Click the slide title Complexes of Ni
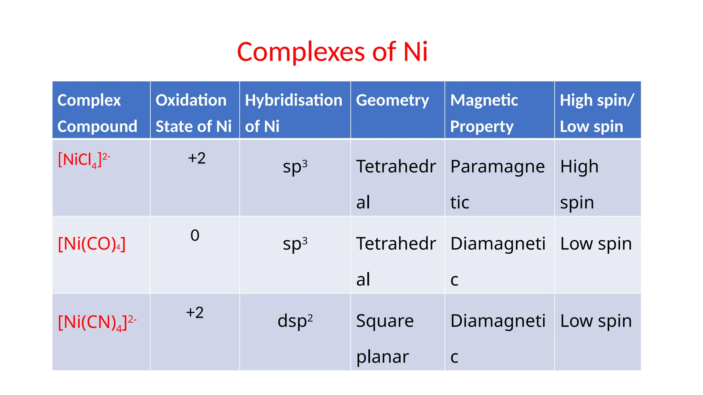[x=332, y=52]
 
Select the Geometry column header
[x=392, y=100]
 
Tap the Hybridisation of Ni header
[x=293, y=113]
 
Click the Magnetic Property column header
[x=484, y=113]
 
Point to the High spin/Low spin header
[x=597, y=113]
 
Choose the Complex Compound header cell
[x=97, y=113]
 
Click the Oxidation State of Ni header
[x=194, y=113]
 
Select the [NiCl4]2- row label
[x=84, y=160]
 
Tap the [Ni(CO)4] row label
[x=92, y=244]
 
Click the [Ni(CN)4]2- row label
[x=97, y=322]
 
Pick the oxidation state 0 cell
[x=195, y=236]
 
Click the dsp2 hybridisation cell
[x=295, y=321]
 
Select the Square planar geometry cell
[x=384, y=338]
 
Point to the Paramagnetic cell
[x=497, y=184]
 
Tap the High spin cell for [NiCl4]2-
[x=579, y=184]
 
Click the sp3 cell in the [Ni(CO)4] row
[x=295, y=244]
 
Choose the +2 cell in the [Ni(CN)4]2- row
[x=195, y=313]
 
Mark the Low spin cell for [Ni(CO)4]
[x=596, y=244]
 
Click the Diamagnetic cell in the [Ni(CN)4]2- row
[x=497, y=338]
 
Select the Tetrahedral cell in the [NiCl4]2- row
[x=396, y=184]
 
